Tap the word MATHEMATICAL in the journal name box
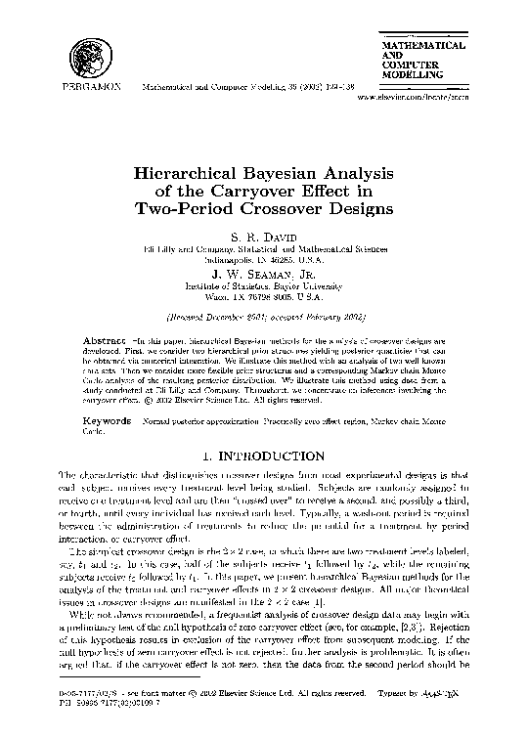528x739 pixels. click(421, 46)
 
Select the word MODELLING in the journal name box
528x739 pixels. click(412, 75)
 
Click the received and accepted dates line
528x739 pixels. click(265, 317)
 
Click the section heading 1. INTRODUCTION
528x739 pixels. click(265, 455)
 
